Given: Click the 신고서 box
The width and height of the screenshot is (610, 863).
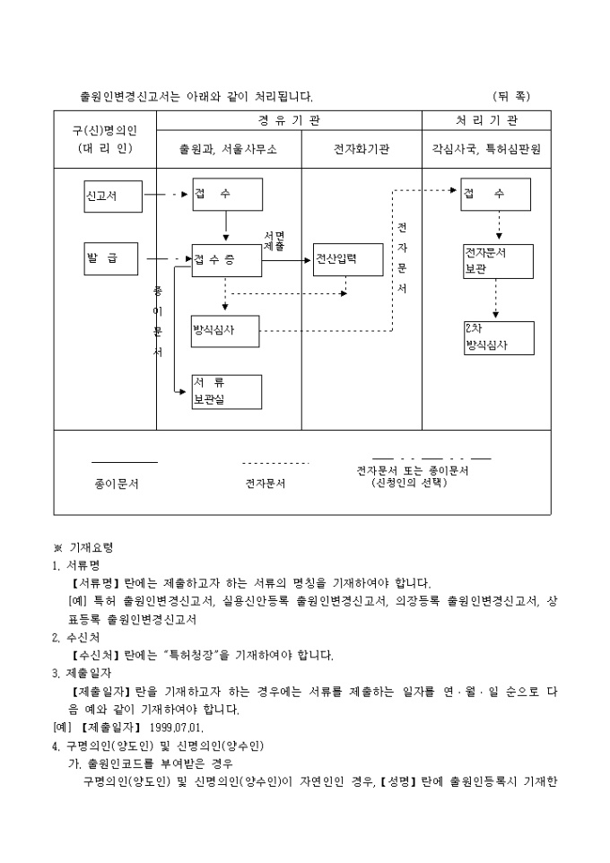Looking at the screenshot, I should coord(113,196).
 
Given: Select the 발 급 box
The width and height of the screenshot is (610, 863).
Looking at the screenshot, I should coord(113,258).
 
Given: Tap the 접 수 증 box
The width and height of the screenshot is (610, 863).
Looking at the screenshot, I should coord(226,259).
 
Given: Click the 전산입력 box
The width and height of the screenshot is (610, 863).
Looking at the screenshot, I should coord(348,259).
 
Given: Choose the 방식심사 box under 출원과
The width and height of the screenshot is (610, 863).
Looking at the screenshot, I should coord(225,330).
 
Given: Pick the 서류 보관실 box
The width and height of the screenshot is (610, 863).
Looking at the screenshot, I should coord(226,391).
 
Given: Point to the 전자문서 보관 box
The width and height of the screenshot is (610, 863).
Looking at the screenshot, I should coord(498,260).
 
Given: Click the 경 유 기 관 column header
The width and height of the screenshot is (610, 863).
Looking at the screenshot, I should coord(289,121).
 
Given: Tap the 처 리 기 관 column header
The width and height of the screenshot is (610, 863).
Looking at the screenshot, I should coord(486,121).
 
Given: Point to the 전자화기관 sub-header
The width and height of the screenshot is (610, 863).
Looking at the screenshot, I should coord(362,150).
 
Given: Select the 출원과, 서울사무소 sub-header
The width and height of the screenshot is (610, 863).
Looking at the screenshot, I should coord(229,150).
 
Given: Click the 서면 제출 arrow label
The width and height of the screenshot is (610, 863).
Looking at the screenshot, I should coord(274,240).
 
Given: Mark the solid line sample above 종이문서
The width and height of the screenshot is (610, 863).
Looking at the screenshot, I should coord(125,463).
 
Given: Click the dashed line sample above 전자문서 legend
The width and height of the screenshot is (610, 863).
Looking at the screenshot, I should coord(275,463).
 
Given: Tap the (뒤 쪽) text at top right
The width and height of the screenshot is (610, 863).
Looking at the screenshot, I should coord(511,95).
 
